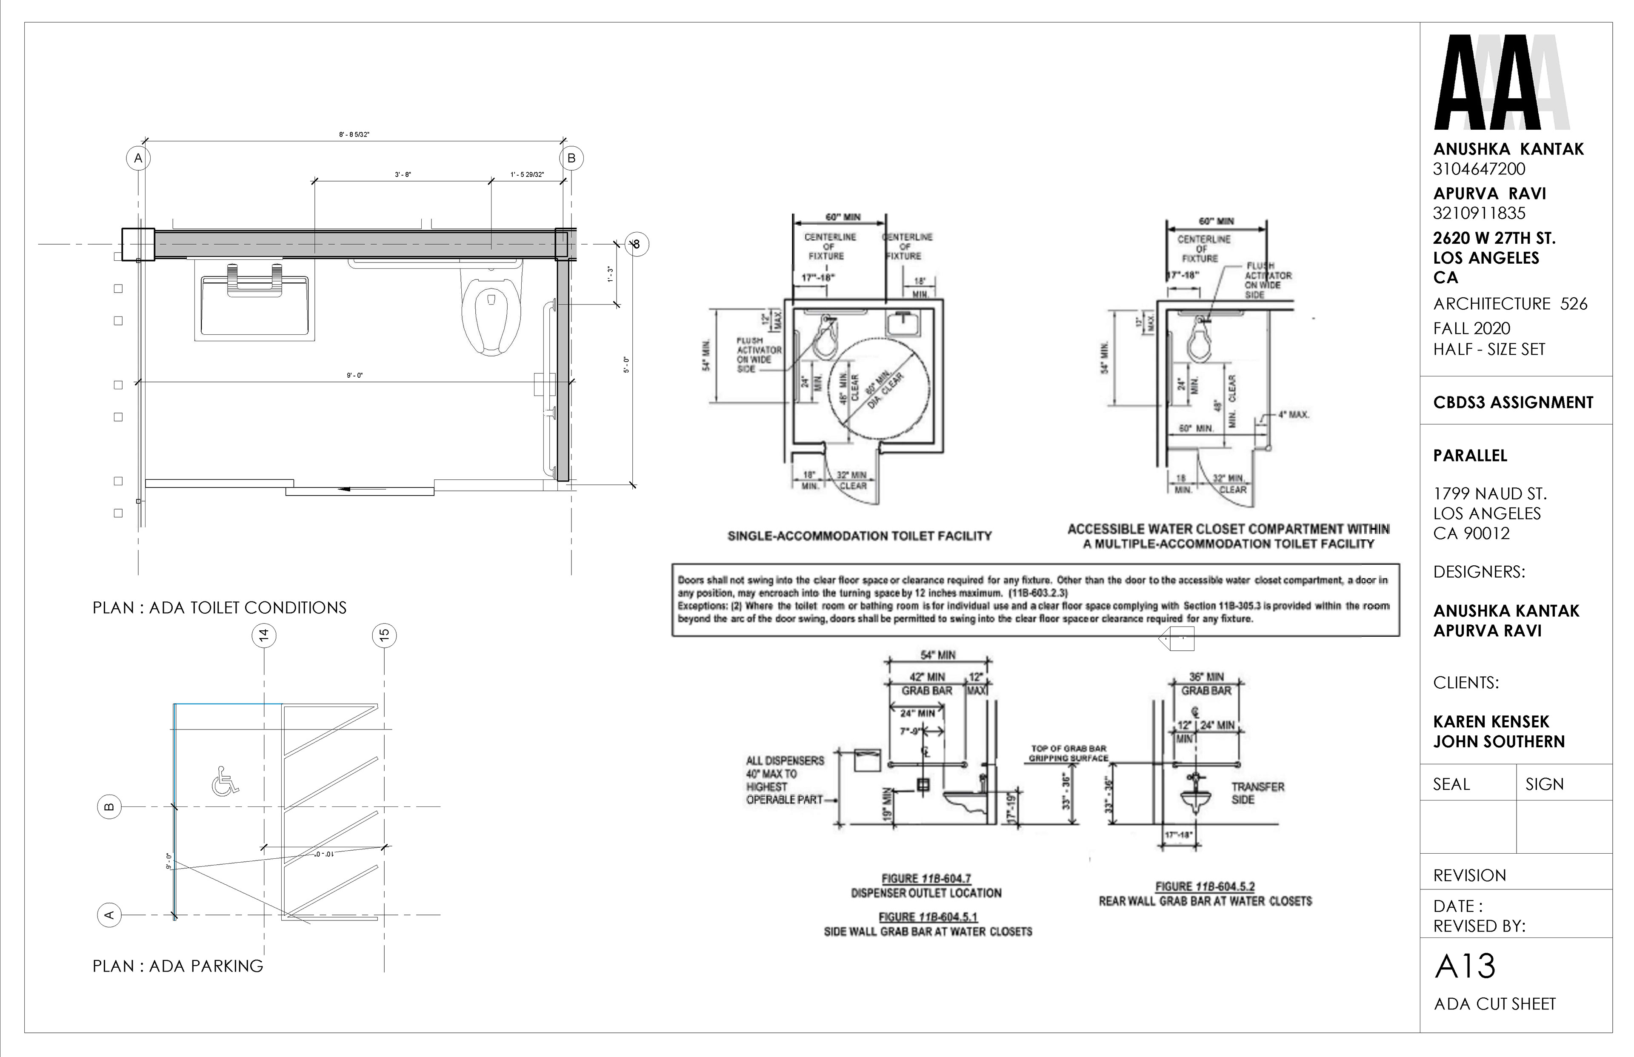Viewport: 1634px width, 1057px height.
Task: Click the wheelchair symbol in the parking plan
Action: coord(225,781)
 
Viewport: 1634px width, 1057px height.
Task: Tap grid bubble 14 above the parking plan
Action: coord(264,635)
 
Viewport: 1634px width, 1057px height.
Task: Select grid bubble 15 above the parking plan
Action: coord(384,635)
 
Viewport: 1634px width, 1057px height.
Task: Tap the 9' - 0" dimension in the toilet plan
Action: coord(354,376)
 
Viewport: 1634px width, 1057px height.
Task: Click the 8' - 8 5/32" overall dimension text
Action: coord(354,134)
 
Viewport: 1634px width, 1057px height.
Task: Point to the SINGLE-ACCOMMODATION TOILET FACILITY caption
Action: coord(860,536)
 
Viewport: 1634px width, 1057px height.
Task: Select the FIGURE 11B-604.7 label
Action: coord(926,878)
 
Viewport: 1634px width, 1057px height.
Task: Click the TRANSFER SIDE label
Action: coord(1257,793)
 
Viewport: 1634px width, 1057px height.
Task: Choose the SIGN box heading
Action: coord(1544,784)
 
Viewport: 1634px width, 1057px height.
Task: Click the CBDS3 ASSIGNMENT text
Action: coord(1513,402)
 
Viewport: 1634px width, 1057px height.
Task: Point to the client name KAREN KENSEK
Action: coord(1491,721)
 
